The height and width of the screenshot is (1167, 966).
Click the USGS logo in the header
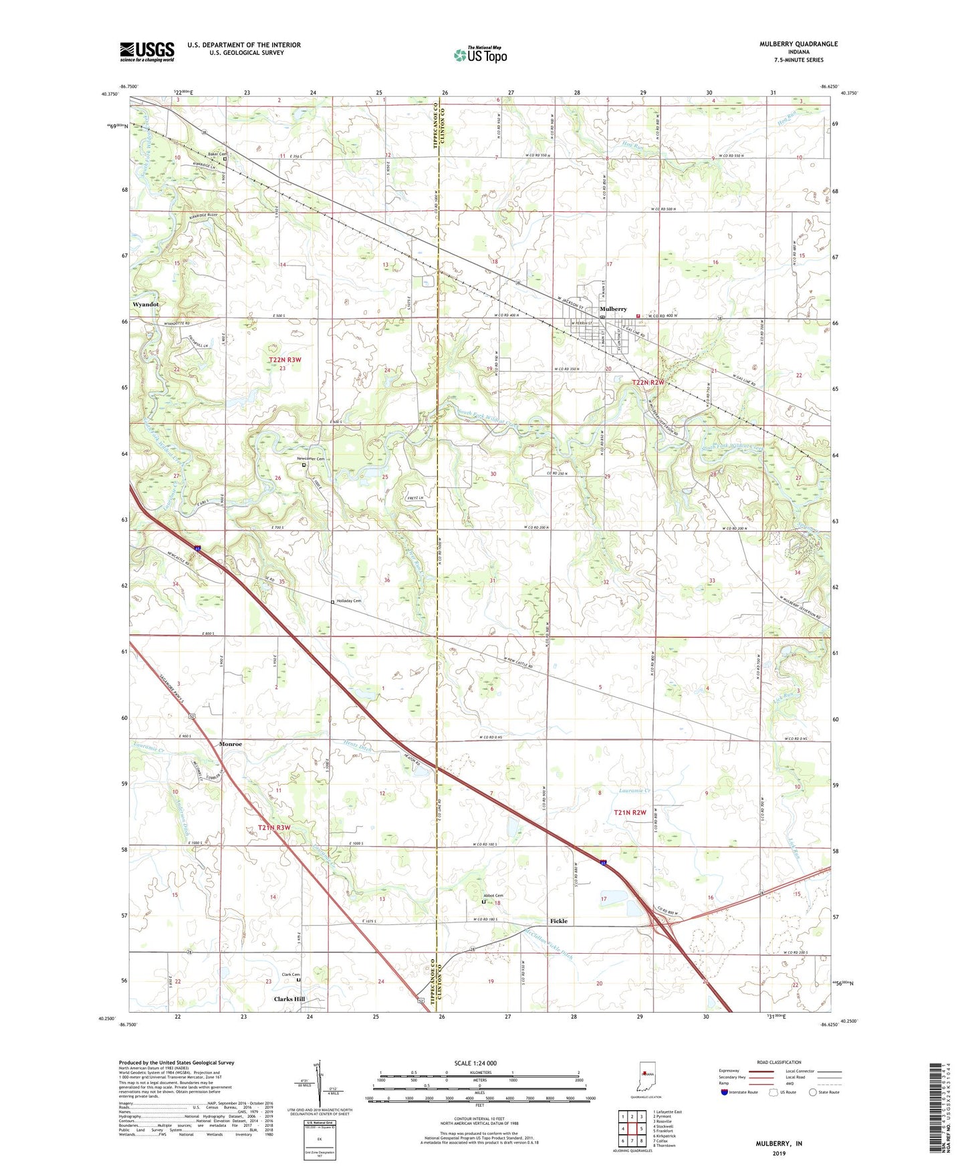[x=147, y=51]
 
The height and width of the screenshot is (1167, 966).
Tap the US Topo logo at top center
[x=480, y=55]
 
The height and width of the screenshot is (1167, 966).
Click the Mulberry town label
[x=614, y=309]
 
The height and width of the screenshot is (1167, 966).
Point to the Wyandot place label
[x=146, y=304]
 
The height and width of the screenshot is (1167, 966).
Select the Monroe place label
[x=231, y=744]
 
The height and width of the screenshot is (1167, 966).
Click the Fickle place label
[x=559, y=921]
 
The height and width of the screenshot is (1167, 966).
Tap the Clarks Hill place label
[x=289, y=999]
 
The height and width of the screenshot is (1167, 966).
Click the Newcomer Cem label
[x=311, y=459]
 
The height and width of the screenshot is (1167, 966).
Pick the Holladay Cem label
[x=348, y=601]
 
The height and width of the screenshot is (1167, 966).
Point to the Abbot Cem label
[x=493, y=896]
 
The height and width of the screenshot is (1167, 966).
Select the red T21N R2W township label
[x=630, y=813]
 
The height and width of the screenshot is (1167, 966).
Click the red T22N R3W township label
[x=285, y=360]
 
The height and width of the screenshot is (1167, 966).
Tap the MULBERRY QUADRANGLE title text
[x=798, y=44]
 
